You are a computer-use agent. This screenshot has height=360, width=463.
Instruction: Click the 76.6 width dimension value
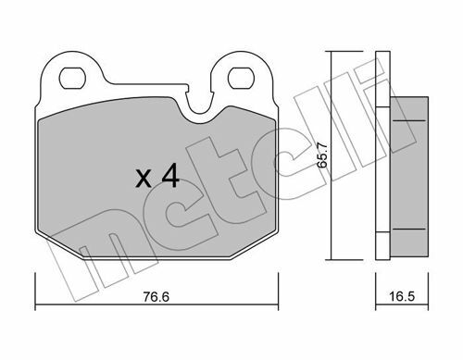coord(156,297)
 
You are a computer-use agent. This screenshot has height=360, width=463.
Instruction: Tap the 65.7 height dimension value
coord(322,155)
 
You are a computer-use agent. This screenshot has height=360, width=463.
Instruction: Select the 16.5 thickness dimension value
coord(402,297)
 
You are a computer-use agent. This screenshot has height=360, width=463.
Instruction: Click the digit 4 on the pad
coord(170,175)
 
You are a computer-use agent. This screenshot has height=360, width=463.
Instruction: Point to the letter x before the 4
coord(144,179)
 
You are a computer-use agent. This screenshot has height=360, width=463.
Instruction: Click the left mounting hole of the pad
coord(72,78)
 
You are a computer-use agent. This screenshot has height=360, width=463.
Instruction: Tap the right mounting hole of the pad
coord(241,78)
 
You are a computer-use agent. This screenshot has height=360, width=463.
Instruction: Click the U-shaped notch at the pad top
coord(201,108)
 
